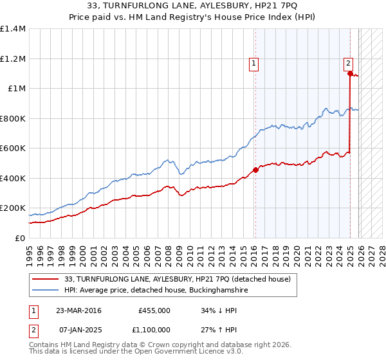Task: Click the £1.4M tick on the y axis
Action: [13, 29]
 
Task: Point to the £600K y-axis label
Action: [13, 148]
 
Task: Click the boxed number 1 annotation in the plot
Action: [254, 63]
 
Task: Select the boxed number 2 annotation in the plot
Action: [348, 63]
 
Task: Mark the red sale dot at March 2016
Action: [255, 170]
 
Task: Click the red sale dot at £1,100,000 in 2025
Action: [350, 74]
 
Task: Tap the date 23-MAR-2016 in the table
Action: [79, 310]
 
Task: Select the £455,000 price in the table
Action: [154, 310]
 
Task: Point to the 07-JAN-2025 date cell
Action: [79, 329]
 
